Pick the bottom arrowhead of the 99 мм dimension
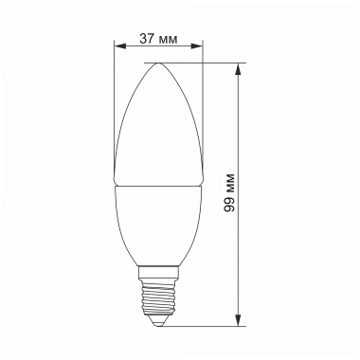(238, 321)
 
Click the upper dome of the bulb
(158, 123)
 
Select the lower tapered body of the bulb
(158, 223)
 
